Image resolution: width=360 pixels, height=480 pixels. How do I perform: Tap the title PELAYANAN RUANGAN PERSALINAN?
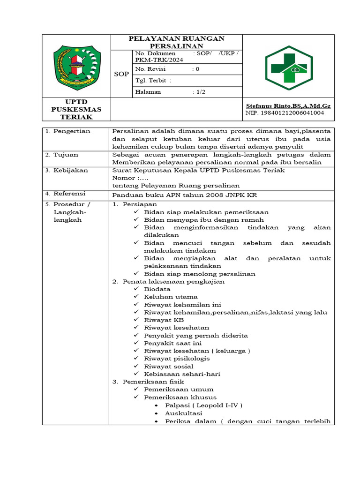coord(176,42)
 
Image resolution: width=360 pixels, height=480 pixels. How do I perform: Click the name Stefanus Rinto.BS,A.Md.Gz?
coord(288,106)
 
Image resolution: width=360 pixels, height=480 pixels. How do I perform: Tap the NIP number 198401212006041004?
coord(285,113)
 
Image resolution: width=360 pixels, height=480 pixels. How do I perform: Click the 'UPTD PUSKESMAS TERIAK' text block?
coord(76,109)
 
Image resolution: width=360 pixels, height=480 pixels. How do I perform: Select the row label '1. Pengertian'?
coord(68,131)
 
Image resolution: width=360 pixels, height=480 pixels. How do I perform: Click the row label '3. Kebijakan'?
coord(67,170)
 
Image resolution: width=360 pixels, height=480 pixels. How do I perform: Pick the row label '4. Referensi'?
coord(66,194)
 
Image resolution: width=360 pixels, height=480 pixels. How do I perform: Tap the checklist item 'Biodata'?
coord(157,289)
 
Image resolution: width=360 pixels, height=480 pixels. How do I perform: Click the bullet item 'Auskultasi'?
coord(183,413)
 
